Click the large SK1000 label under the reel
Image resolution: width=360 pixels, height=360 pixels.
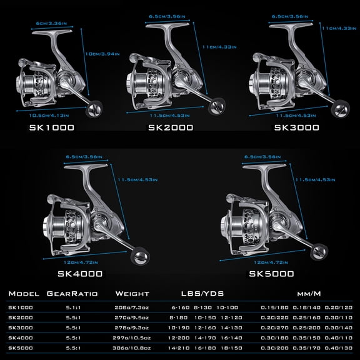click(51, 127)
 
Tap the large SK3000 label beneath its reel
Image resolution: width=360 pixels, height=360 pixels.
click(297, 127)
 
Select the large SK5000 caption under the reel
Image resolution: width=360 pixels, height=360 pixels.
click(271, 274)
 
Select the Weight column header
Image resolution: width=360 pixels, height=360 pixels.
click(132, 294)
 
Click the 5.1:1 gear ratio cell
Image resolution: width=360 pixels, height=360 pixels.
click(72, 307)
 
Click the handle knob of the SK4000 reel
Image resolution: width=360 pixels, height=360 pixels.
click(137, 256)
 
